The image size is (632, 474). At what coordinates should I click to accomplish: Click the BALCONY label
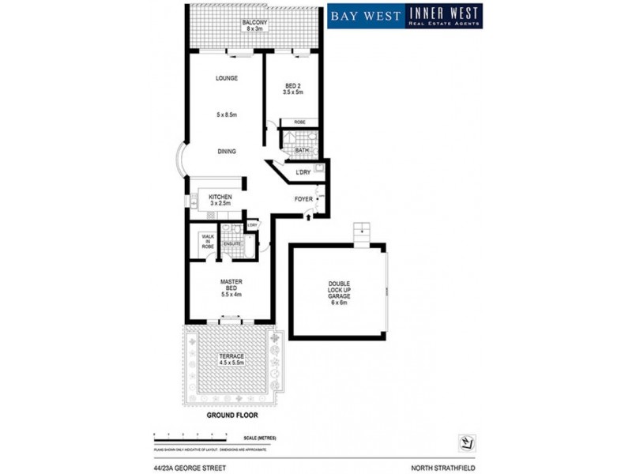tap(253, 22)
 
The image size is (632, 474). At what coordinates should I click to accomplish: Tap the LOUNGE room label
tap(227, 78)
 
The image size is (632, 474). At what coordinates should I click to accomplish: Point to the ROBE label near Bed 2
tap(300, 122)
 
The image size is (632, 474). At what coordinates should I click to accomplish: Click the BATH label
tap(302, 149)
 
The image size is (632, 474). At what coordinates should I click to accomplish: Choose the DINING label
tap(227, 151)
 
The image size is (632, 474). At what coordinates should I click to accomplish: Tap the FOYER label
tap(303, 198)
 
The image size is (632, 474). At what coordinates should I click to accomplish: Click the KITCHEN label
tap(220, 197)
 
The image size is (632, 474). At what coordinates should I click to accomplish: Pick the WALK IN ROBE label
tap(208, 241)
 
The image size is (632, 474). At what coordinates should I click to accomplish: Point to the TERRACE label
tap(231, 356)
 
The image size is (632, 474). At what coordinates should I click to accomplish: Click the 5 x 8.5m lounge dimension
tap(227, 115)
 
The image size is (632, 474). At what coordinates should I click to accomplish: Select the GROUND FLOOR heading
tap(231, 414)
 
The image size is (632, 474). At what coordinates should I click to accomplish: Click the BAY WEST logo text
tap(366, 15)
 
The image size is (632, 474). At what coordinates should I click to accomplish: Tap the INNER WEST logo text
tap(444, 13)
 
